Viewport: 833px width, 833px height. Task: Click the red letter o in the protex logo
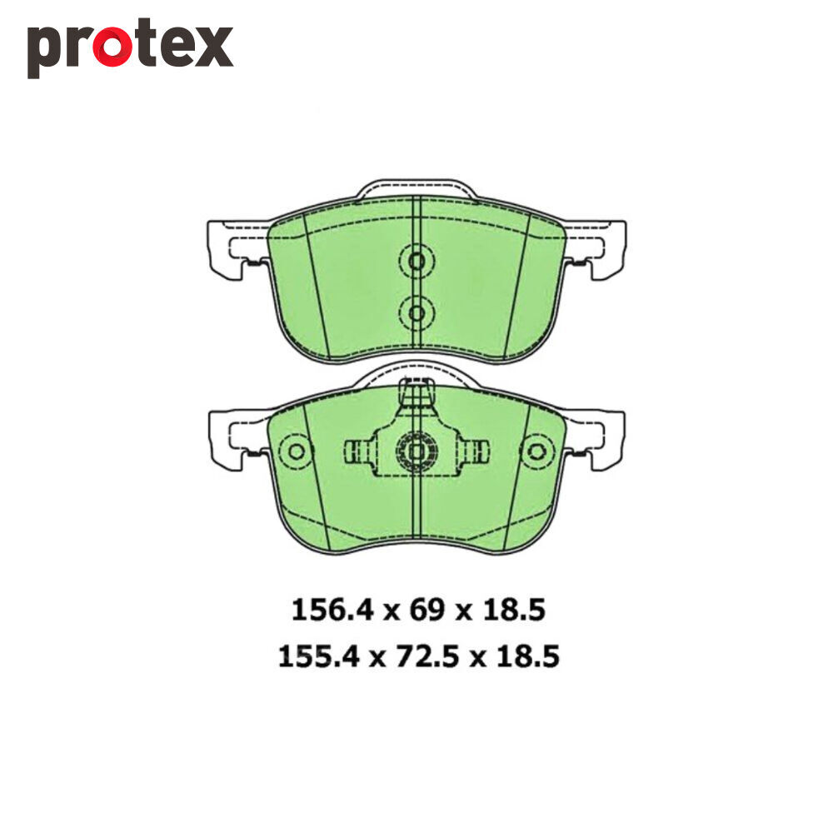tap(112, 47)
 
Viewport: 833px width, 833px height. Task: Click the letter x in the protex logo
tap(213, 47)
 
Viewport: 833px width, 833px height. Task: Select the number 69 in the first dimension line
tap(426, 610)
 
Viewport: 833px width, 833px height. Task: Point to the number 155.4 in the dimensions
tap(319, 656)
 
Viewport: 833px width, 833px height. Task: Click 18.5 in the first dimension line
tap(514, 610)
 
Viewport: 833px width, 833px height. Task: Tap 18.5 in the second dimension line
tap(528, 656)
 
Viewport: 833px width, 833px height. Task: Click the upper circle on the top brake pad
tap(416, 261)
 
